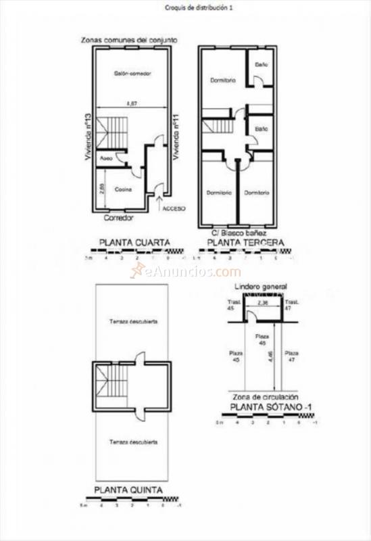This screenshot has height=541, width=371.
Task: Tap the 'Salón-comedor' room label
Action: (132, 73)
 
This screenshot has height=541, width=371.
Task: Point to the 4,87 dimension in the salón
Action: (132, 103)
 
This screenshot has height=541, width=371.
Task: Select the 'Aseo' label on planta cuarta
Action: (106, 159)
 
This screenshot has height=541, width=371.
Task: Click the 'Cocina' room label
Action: (122, 189)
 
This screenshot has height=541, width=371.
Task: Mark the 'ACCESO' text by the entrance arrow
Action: (174, 208)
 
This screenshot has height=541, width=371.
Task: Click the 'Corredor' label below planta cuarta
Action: (118, 218)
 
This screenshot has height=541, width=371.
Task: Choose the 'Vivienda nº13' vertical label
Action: (88, 136)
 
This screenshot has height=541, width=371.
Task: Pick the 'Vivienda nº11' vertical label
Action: (175, 136)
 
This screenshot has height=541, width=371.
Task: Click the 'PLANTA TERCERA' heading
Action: (245, 241)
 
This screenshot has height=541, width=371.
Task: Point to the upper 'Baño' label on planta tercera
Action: (261, 65)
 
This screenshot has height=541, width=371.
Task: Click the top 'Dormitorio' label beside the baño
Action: (222, 80)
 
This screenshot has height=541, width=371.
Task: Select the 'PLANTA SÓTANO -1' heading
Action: (265, 408)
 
